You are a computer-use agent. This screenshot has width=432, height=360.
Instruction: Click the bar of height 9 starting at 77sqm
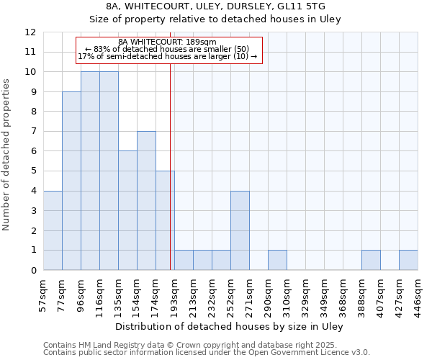pos(71,181)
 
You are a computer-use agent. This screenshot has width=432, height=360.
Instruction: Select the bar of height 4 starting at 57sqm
pos(53,230)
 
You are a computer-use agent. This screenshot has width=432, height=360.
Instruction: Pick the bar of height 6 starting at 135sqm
pos(127,210)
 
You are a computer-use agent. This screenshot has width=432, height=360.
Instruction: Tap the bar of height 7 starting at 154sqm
pos(146,200)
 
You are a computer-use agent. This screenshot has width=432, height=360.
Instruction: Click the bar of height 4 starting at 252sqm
pos(240,230)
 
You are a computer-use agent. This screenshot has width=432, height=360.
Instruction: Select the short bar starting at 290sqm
pos(277,260)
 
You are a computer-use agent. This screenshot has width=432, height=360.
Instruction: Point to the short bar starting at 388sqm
pos(371,260)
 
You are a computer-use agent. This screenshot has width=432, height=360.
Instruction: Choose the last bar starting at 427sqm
pos(408,260)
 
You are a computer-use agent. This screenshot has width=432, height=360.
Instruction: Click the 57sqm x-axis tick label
pos(43,294)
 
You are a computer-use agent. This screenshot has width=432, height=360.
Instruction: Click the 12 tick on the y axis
pos(30,32)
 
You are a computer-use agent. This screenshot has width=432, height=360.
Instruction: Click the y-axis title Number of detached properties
pos(7,155)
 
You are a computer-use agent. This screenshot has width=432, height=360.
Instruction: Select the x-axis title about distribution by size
pos(230,326)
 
